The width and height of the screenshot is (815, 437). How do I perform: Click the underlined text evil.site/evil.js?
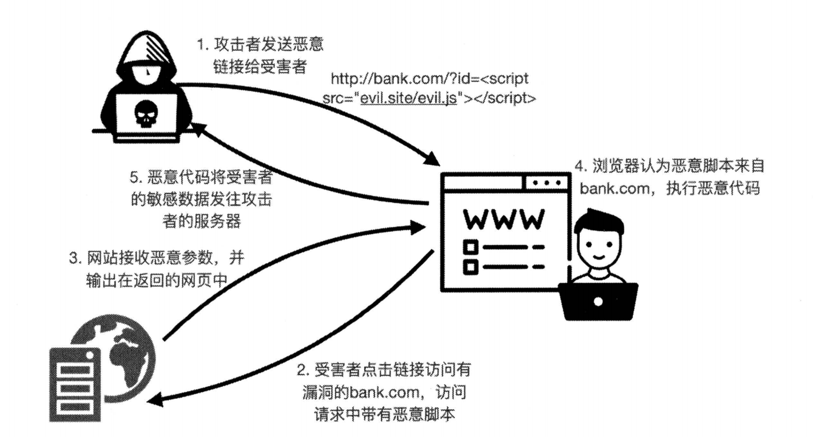(x=408, y=98)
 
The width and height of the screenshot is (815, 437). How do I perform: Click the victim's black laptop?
(x=598, y=301)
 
